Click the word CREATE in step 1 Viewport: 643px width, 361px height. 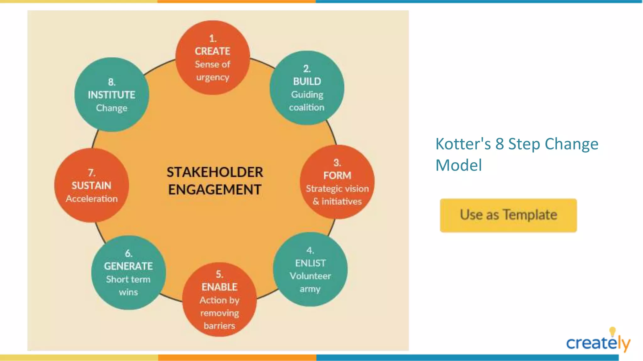pyautogui.click(x=213, y=51)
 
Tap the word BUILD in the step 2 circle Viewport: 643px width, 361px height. pyautogui.click(x=307, y=81)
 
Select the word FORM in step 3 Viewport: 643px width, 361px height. pyautogui.click(x=337, y=175)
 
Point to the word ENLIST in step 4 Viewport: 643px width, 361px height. pyautogui.click(x=310, y=263)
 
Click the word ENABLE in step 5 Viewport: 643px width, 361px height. pyautogui.click(x=219, y=287)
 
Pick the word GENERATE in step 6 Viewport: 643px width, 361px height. pyautogui.click(x=128, y=266)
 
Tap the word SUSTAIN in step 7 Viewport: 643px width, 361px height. pyautogui.click(x=91, y=186)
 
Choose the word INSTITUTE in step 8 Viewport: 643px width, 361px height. pyautogui.click(x=111, y=95)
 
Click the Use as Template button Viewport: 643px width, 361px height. pyautogui.click(x=508, y=215)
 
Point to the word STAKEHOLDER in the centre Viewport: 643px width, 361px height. pyautogui.click(x=215, y=172)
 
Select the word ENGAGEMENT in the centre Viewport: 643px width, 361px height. pyautogui.click(x=215, y=190)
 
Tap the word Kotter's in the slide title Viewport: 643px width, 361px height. pyautogui.click(x=463, y=144)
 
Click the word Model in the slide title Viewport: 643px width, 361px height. pyautogui.click(x=459, y=165)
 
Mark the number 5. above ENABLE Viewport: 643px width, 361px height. pyautogui.click(x=219, y=274)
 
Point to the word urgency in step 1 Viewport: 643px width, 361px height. pyautogui.click(x=213, y=77)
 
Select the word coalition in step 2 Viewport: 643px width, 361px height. pyautogui.click(x=307, y=107)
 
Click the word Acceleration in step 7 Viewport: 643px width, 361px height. pyautogui.click(x=92, y=199)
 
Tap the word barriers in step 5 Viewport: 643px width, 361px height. pyautogui.click(x=219, y=326)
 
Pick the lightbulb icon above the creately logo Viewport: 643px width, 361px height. pyautogui.click(x=612, y=332)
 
